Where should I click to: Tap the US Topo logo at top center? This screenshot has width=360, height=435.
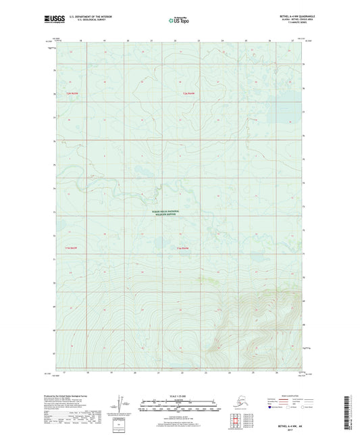pos(178,20)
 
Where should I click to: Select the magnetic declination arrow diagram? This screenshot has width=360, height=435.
pos(121,403)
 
